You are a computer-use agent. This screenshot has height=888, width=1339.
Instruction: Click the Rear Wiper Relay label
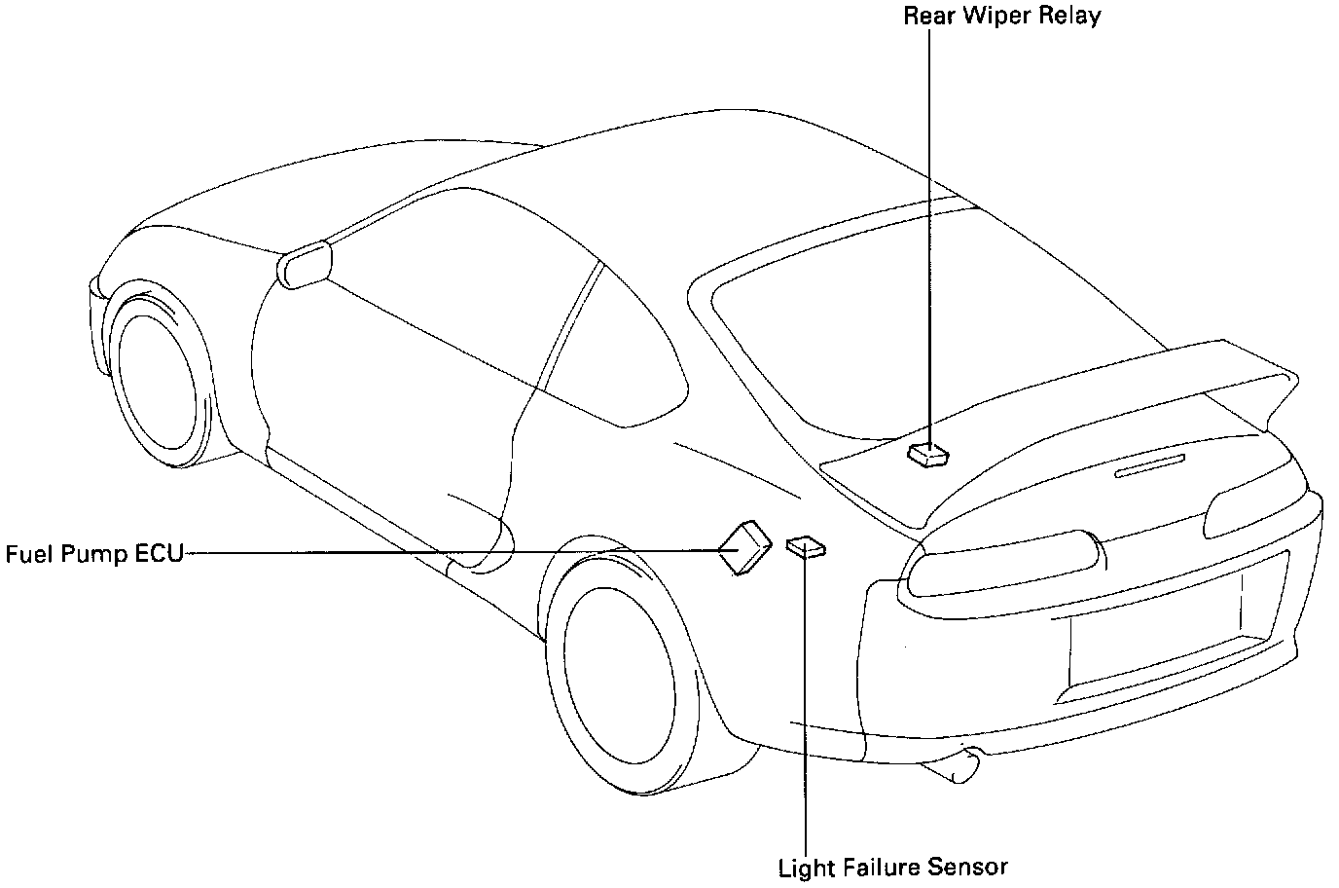[1002, 17]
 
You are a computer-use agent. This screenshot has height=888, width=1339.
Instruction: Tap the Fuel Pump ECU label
[94, 555]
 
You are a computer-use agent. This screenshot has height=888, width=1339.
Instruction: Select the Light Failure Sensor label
[892, 868]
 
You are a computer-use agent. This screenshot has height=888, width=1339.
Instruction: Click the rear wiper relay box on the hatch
[928, 453]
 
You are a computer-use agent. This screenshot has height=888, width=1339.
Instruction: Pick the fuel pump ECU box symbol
[744, 549]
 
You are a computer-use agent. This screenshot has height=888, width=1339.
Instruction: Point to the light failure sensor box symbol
[805, 547]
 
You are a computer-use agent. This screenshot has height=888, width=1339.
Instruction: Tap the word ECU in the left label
[159, 555]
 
